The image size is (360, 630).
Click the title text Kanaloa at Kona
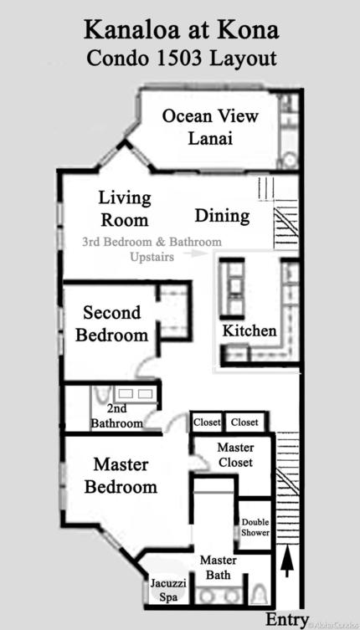pyautogui.click(x=181, y=31)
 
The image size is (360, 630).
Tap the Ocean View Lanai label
pyautogui.click(x=210, y=127)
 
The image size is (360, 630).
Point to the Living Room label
pyautogui.click(x=125, y=209)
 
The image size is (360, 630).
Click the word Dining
pyautogui.click(x=222, y=216)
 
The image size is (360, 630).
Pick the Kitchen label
pyautogui.click(x=249, y=330)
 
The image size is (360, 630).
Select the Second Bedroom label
pyautogui.click(x=116, y=324)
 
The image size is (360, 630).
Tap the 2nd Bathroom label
pyautogui.click(x=117, y=417)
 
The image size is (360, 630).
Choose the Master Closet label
pyautogui.click(x=235, y=455)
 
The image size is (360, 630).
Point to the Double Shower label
pyautogui.click(x=255, y=527)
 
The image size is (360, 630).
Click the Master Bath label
pyautogui.click(x=218, y=567)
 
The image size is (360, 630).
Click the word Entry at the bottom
pyautogui.click(x=286, y=619)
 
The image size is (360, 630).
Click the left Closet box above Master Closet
pyautogui.click(x=207, y=423)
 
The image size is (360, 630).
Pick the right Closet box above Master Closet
pyautogui.click(x=244, y=423)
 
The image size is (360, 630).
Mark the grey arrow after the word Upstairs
pyautogui.click(x=197, y=257)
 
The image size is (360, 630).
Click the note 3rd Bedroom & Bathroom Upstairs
pyautogui.click(x=151, y=249)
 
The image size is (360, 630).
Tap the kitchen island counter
pyautogui.click(x=232, y=289)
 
